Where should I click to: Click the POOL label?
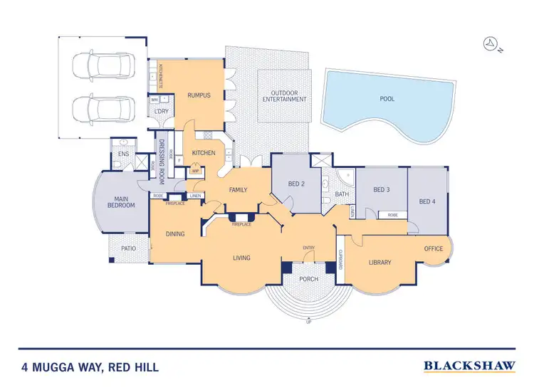pos(387,99)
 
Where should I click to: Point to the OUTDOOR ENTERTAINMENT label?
pos(283,95)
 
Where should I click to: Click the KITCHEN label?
pos(204,153)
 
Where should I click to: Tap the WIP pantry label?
pos(195,170)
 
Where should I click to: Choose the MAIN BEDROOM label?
pos(121,201)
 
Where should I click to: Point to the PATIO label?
pos(128,248)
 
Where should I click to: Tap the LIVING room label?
pos(241,257)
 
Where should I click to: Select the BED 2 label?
pos(296,184)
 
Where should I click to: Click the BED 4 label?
pos(426,201)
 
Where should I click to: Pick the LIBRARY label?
pos(379,263)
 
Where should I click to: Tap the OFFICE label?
pos(434,248)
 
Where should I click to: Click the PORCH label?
pos(308,279)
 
